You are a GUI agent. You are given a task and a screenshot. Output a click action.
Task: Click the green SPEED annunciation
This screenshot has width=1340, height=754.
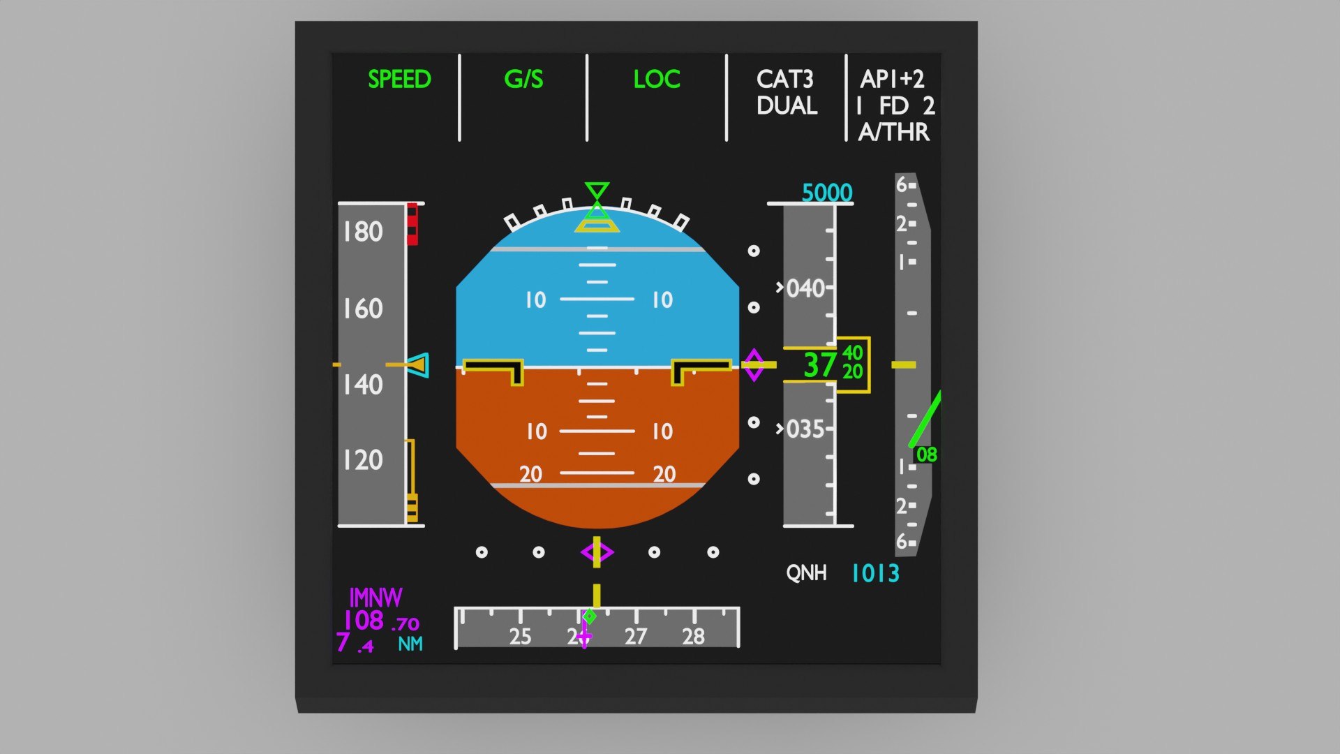(x=399, y=79)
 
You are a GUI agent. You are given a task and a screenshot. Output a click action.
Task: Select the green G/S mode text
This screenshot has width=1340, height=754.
(x=523, y=79)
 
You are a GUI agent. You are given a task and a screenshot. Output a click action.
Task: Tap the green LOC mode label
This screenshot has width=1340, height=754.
(x=656, y=79)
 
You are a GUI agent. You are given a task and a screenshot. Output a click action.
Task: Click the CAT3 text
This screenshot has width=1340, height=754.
(x=784, y=79)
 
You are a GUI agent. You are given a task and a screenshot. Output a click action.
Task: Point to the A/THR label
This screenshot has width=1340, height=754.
(x=894, y=132)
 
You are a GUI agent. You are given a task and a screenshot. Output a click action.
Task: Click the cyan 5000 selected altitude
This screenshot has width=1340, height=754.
(x=827, y=193)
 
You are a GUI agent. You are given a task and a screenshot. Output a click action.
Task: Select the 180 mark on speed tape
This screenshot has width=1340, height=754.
(x=363, y=232)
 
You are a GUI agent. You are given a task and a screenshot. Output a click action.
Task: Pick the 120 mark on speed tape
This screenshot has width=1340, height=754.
(x=363, y=460)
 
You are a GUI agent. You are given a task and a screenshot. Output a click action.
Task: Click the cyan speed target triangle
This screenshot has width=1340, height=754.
(x=419, y=365)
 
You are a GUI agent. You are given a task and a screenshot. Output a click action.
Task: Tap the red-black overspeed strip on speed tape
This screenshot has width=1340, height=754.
(x=412, y=224)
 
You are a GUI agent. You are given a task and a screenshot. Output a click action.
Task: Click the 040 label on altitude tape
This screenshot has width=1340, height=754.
(x=805, y=288)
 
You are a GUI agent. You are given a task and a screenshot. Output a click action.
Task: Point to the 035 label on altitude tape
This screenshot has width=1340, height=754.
(x=805, y=429)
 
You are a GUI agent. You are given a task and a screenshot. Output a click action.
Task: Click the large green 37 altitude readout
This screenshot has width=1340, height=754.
(x=819, y=365)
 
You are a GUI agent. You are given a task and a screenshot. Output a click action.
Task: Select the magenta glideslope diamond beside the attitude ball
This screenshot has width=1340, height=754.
(x=754, y=365)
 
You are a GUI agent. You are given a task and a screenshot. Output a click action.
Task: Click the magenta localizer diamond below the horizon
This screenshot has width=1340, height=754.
(x=597, y=553)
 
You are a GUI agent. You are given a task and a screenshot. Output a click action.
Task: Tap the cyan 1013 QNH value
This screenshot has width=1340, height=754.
(x=875, y=574)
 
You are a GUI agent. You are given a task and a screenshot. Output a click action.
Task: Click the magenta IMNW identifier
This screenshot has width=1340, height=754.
(x=375, y=598)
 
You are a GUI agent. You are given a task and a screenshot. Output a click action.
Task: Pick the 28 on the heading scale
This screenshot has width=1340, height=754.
(x=693, y=637)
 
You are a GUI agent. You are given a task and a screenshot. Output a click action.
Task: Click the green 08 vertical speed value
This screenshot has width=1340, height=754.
(x=926, y=454)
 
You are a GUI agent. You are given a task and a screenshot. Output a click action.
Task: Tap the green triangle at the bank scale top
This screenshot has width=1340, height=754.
(x=597, y=190)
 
